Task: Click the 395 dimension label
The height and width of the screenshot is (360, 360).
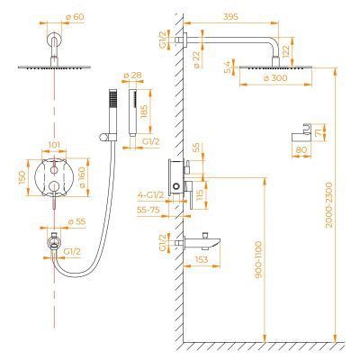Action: [x=230, y=17]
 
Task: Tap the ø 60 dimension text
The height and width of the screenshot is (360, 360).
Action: [x=75, y=17]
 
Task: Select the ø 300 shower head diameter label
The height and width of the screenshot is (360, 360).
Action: [x=275, y=78]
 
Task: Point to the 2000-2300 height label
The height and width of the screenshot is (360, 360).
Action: [x=329, y=205]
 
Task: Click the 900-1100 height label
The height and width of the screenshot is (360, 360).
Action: [x=258, y=259]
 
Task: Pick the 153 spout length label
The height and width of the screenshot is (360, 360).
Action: [x=201, y=259]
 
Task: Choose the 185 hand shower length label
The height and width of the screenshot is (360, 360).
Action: [x=144, y=112]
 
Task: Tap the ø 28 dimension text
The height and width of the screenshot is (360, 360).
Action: [x=132, y=76]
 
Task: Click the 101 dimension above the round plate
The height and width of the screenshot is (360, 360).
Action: [x=54, y=145]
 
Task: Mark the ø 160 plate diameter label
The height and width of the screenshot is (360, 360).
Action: [x=81, y=177]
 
